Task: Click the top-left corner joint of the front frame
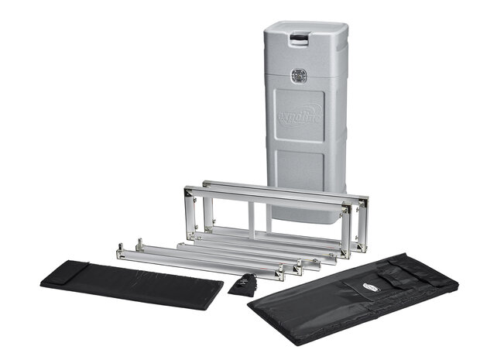[187, 190]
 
